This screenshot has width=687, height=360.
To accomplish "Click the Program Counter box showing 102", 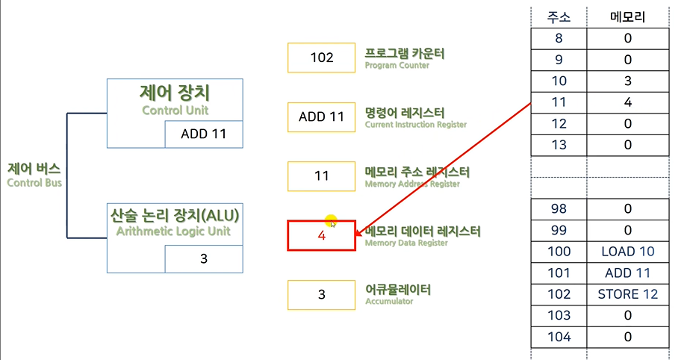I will tap(321, 58).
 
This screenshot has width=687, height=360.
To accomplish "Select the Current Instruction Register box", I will tap(321, 117).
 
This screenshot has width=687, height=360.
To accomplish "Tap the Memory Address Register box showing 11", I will tap(321, 176).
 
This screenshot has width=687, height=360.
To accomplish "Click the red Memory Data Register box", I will tap(321, 235).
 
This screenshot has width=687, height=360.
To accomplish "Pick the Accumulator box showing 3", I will tap(321, 294).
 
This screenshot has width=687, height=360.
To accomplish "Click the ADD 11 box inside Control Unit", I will tap(204, 134).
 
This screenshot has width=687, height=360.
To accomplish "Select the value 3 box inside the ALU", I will tap(204, 259).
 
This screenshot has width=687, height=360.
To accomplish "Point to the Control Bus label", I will tap(34, 175).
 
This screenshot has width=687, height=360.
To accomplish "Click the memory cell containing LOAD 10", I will tap(628, 252).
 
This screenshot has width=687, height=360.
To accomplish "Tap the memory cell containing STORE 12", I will tap(628, 294).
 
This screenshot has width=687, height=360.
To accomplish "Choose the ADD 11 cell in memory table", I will tap(628, 273).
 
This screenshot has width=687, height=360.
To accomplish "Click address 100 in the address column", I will tap(559, 252).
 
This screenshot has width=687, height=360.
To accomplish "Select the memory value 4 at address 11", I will tap(628, 102).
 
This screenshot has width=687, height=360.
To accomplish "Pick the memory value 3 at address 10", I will tap(628, 81).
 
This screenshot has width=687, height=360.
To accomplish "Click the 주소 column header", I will tap(559, 16).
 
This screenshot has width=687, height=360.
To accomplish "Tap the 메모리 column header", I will tap(628, 16).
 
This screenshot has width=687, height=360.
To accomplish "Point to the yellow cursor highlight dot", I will tap(331, 221).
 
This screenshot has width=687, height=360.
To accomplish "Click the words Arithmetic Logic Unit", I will tap(174, 232).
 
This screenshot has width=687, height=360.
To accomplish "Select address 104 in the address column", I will tap(559, 337).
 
